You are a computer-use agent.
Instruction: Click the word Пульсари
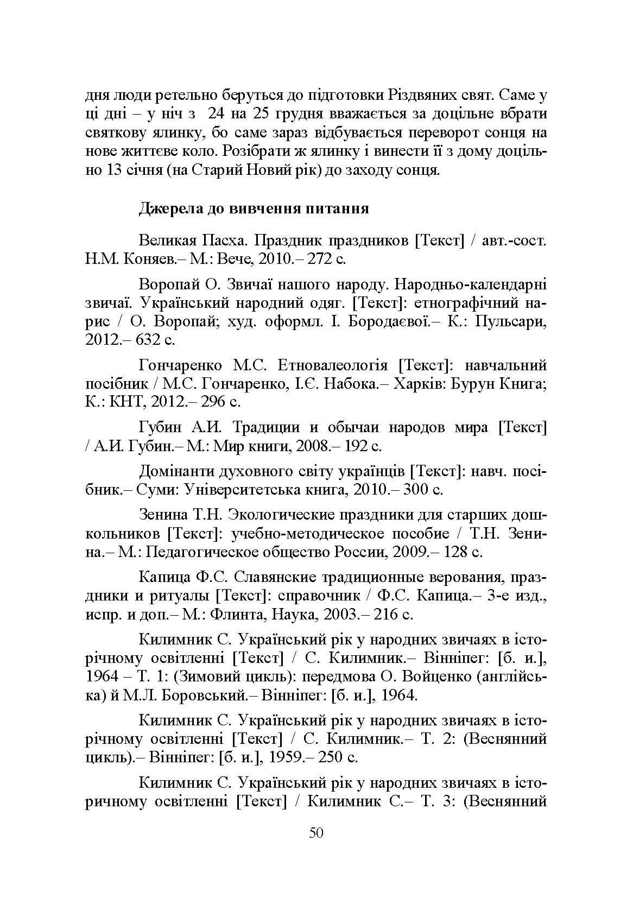point(510,321)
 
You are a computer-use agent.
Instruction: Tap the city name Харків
point(413,384)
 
